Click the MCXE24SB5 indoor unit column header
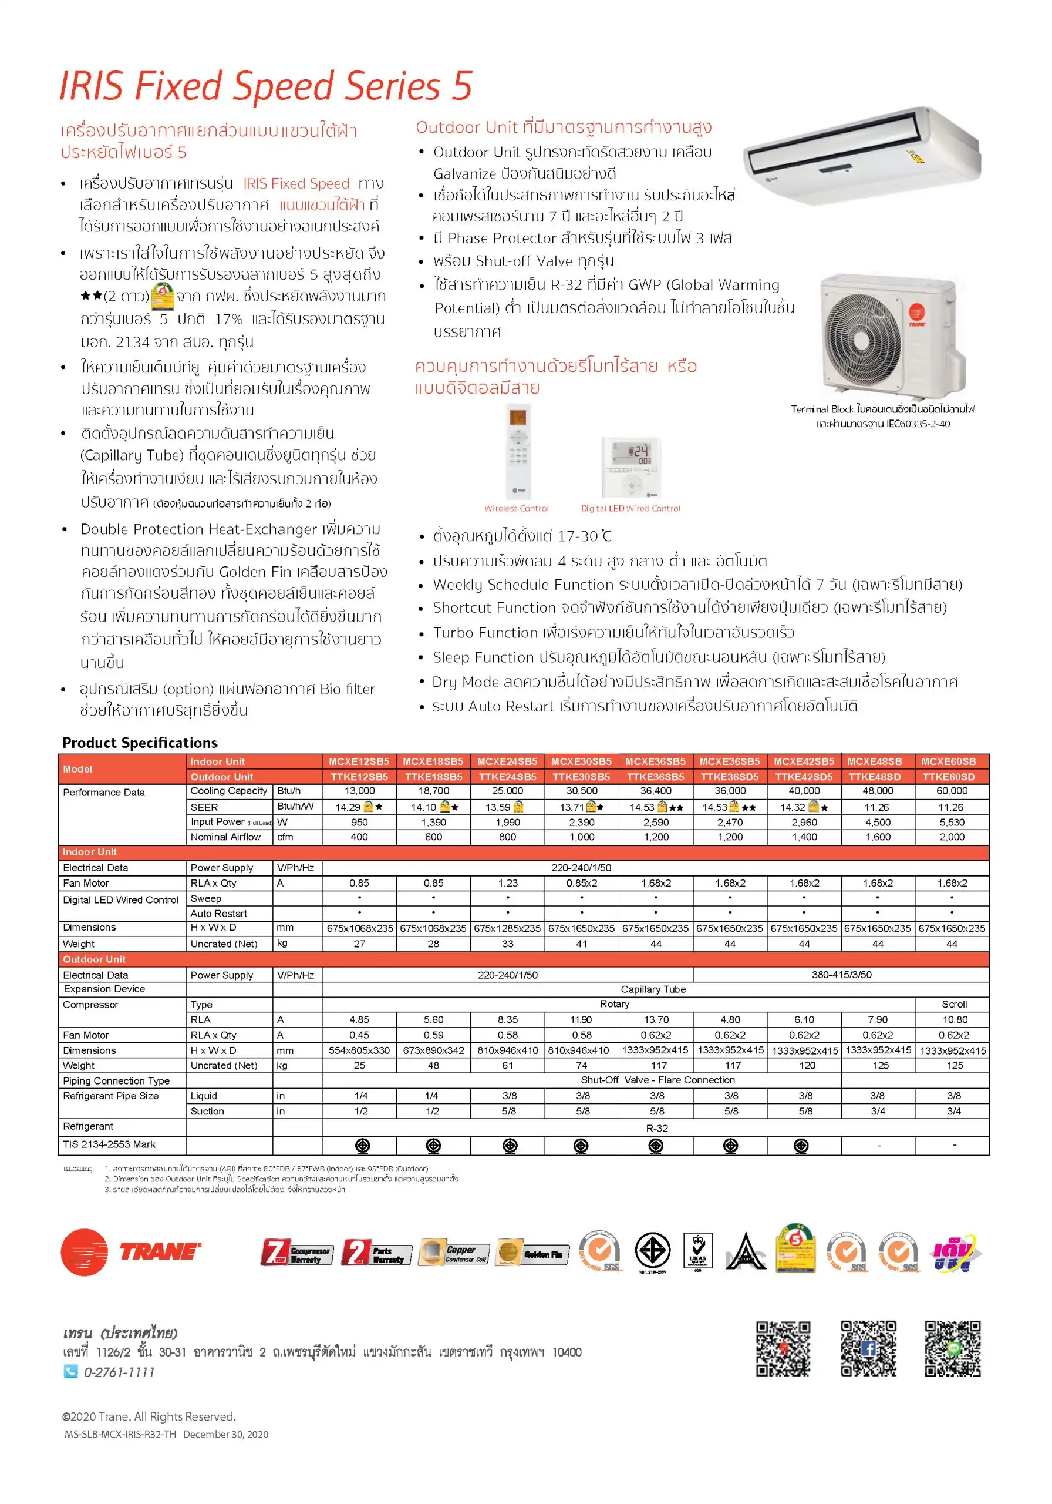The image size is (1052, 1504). click(x=507, y=761)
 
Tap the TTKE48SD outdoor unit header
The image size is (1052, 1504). click(x=878, y=777)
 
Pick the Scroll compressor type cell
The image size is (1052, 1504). click(x=954, y=1004)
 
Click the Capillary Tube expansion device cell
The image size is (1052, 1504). click(x=653, y=989)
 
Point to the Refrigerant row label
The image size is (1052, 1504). click(x=87, y=1126)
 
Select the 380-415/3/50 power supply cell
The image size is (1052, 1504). click(x=841, y=975)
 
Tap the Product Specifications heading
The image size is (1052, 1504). click(x=140, y=743)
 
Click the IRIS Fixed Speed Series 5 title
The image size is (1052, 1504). click(x=265, y=86)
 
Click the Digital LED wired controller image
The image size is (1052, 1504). click(x=631, y=468)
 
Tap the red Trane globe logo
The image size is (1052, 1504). click(x=85, y=1253)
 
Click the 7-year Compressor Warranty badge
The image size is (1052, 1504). click(x=296, y=1253)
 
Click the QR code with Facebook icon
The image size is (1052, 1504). click(x=868, y=1349)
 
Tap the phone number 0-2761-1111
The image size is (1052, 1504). click(x=119, y=1372)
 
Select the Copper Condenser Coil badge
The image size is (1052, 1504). click(x=453, y=1253)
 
